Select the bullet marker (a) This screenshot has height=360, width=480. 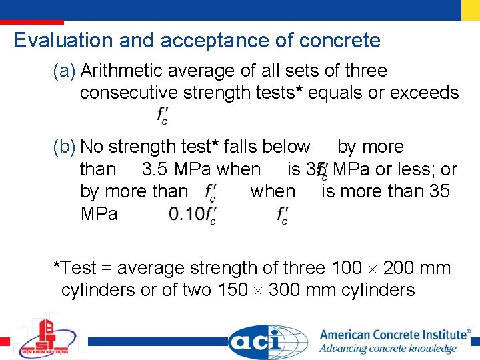[x=65, y=71]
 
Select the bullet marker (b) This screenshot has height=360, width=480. [x=65, y=147]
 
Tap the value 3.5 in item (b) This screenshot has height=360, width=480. [x=155, y=169]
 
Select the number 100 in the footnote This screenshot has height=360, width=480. [x=347, y=268]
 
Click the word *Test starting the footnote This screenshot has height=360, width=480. [x=75, y=268]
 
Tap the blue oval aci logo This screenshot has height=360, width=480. [x=268, y=342]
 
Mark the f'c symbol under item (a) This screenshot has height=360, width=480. [x=162, y=115]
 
